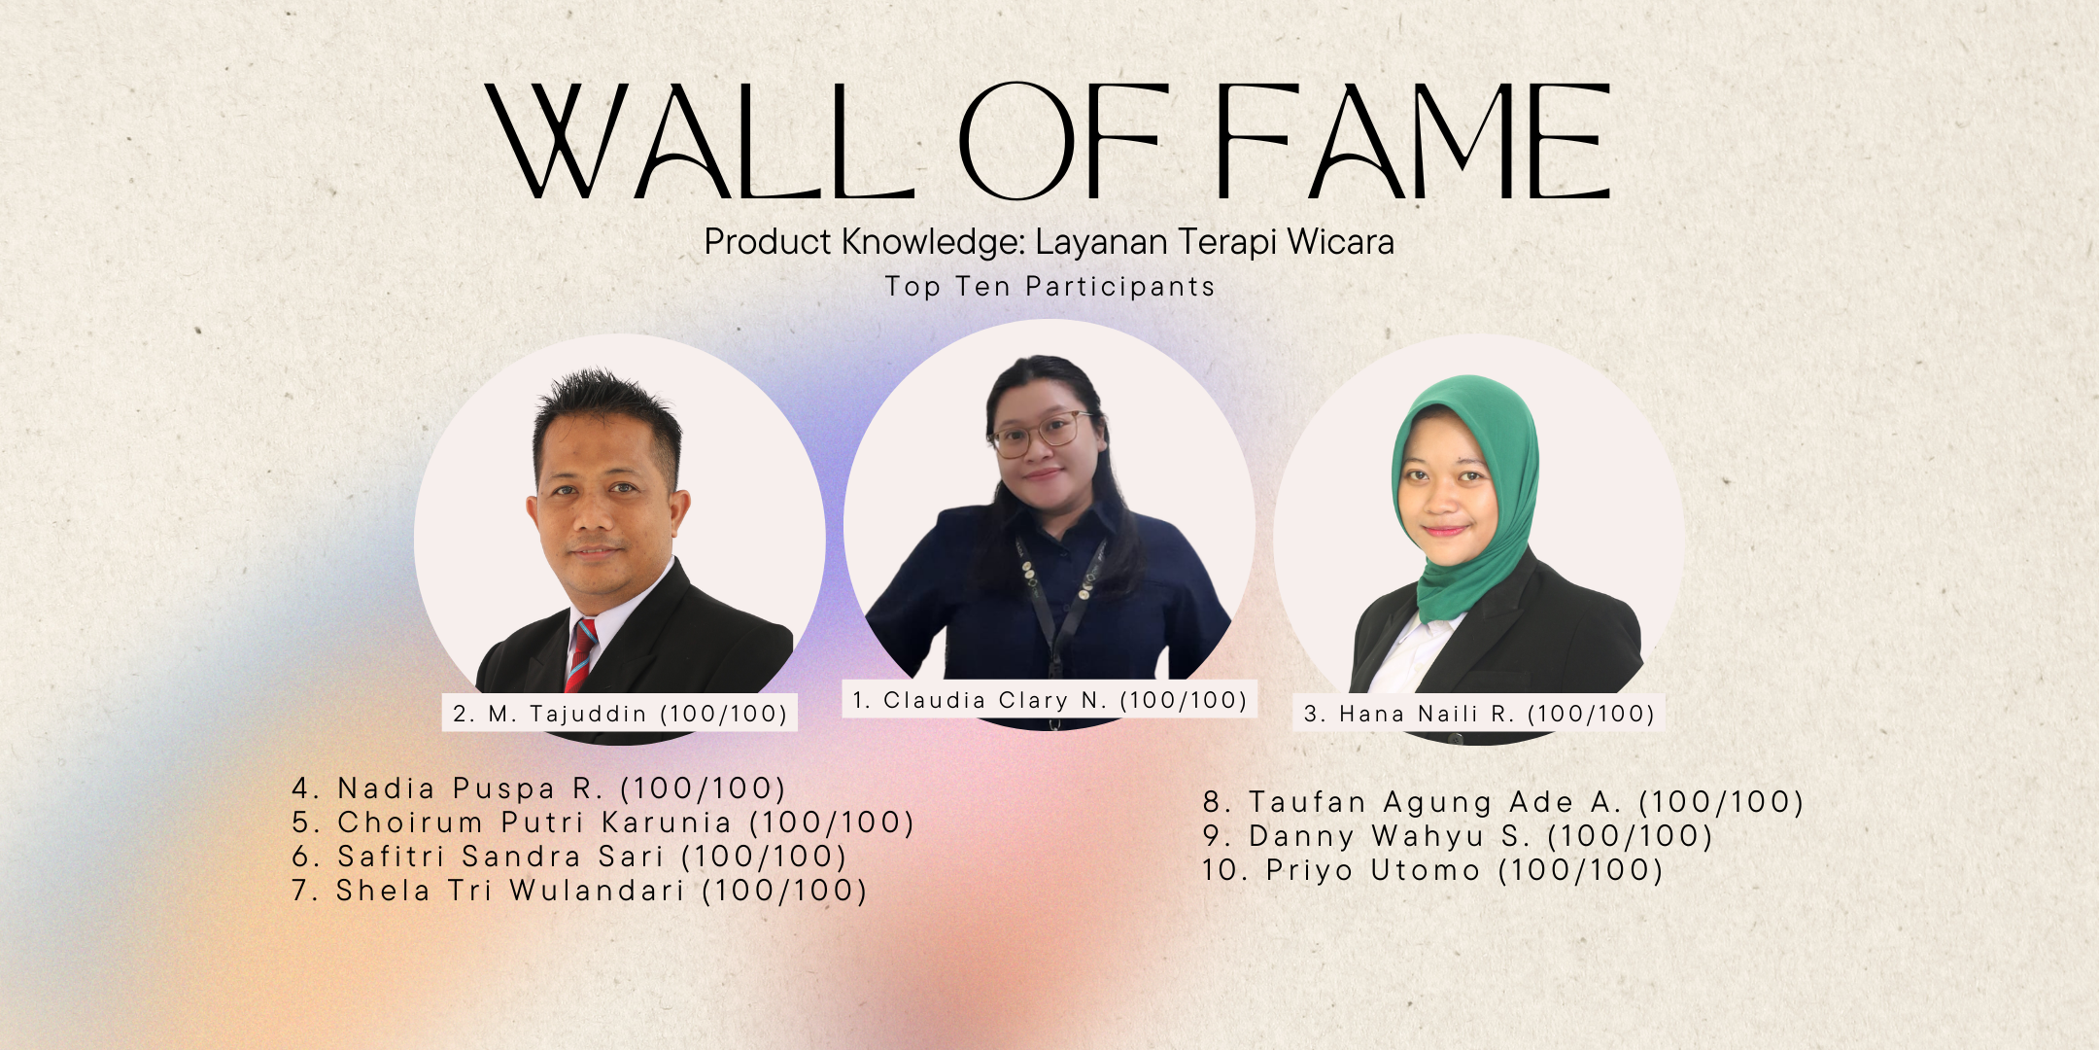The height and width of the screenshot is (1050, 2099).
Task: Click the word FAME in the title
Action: (1414, 141)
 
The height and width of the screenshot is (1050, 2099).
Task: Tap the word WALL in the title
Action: (700, 141)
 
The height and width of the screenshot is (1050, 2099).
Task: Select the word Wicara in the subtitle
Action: (1341, 242)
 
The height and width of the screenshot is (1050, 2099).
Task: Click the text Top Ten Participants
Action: (1049, 287)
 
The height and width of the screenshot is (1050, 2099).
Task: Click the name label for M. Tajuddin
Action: (620, 714)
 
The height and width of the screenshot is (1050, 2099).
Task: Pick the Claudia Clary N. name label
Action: (1049, 700)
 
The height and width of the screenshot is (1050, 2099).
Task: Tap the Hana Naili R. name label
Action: (1479, 714)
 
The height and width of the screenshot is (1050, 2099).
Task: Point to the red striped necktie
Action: (581, 656)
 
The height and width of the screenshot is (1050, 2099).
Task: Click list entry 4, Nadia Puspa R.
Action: (538, 788)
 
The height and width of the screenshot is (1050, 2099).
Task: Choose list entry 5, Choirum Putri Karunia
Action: (603, 822)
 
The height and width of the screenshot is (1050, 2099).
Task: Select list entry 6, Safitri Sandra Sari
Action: (569, 857)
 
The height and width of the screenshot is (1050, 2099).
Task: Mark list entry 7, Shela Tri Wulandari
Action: (579, 891)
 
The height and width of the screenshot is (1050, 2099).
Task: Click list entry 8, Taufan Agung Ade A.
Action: (1503, 802)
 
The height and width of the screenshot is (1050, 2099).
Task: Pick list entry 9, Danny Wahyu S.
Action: (1458, 836)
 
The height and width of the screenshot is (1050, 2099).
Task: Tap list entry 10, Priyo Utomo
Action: (1433, 870)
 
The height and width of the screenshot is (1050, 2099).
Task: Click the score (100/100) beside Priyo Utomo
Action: (1581, 870)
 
